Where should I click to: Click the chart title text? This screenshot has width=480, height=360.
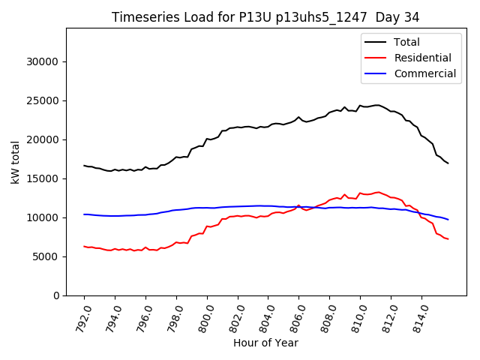coord(265,16)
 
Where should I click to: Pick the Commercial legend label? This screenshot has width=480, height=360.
coord(424,73)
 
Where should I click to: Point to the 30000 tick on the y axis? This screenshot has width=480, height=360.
coord(43,61)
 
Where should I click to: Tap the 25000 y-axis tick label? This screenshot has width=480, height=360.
coord(43,100)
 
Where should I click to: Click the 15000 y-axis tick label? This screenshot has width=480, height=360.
coord(43,178)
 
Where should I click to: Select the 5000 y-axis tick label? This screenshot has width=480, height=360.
coord(46,256)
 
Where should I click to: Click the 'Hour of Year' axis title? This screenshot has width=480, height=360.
coord(265,343)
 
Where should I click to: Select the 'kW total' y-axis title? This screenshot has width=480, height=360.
coord(16,162)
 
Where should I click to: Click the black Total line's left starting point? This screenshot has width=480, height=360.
coord(84,166)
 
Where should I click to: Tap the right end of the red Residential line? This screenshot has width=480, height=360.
coord(448,239)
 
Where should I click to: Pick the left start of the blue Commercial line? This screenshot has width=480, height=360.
coord(84,214)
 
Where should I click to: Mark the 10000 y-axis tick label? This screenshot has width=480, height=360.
coord(43,217)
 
